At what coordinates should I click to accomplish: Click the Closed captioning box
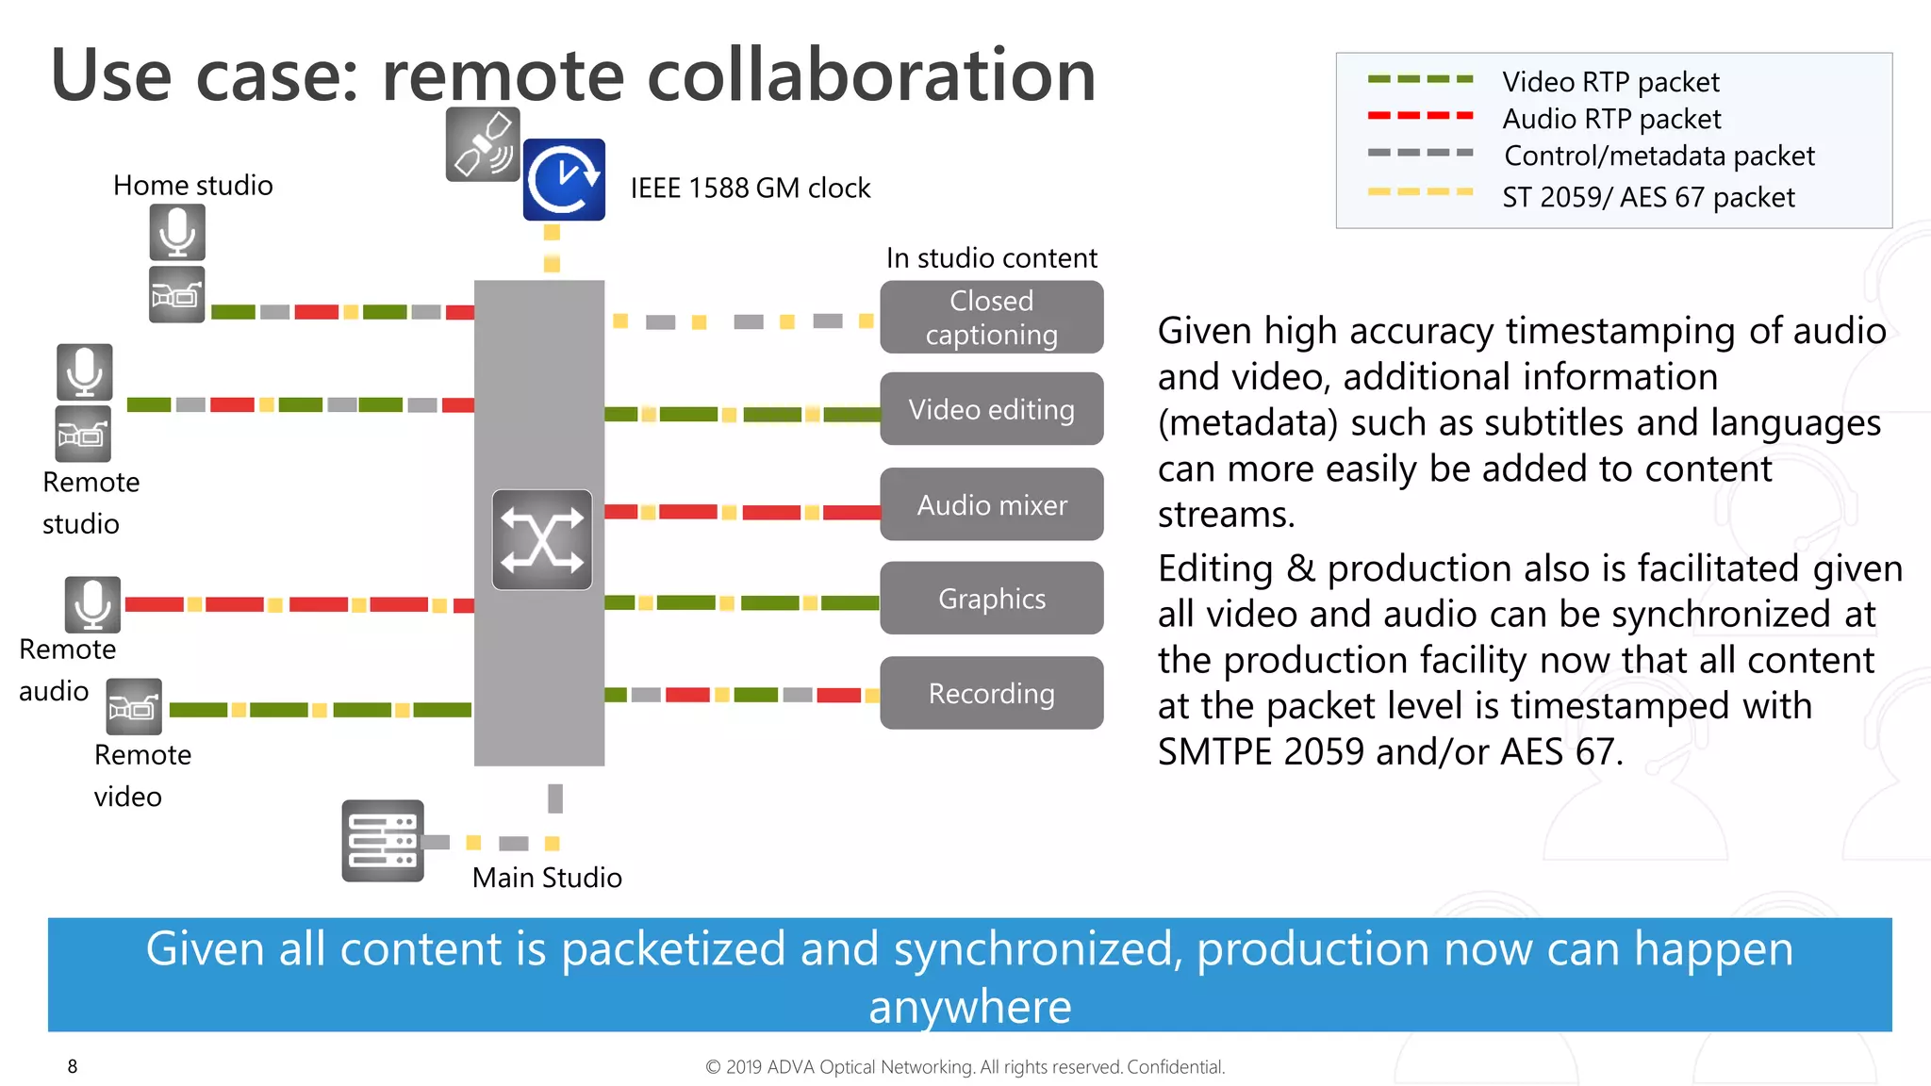click(x=991, y=317)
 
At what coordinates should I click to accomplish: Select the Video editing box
click(x=991, y=409)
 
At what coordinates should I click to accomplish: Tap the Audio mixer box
click(x=991, y=504)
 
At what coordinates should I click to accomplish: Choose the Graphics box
click(x=991, y=599)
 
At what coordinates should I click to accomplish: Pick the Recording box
click(x=991, y=693)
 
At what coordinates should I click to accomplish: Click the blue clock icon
click(x=564, y=179)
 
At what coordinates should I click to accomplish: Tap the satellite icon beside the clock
click(x=483, y=144)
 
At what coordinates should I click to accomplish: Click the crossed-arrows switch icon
click(x=542, y=540)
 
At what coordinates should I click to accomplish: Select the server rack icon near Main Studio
click(x=383, y=841)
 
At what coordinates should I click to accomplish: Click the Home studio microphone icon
click(x=177, y=232)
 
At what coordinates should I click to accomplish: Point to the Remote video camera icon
click(x=134, y=707)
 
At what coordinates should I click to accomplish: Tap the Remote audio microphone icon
click(x=92, y=604)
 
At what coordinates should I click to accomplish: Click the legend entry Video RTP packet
click(x=1609, y=82)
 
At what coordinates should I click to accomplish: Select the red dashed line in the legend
click(x=1420, y=116)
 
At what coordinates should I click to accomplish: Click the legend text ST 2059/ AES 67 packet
click(x=1647, y=197)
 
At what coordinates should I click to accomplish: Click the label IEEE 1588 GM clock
click(x=750, y=188)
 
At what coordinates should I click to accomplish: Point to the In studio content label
click(x=991, y=257)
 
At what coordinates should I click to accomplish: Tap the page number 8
click(x=73, y=1066)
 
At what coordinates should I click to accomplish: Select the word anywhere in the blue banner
click(x=969, y=1007)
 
